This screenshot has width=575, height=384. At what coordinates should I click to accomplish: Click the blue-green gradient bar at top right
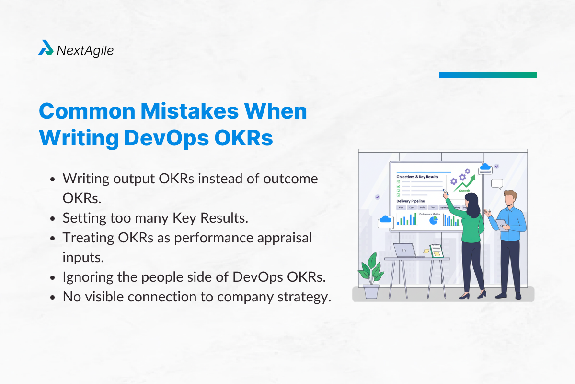pos(487,75)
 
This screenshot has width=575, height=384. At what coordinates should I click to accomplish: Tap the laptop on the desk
pos(404,250)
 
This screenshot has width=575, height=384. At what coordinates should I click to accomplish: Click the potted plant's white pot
pos(371,291)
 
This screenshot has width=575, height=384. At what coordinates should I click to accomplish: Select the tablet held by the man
pos(501,225)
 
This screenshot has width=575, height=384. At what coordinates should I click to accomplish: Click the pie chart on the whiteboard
pos(434,220)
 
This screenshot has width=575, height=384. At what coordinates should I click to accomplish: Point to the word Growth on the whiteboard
pos(464,191)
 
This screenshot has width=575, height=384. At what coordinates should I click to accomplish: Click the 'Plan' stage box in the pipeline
pos(402,208)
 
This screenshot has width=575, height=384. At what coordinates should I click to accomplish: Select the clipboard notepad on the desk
pos(436,251)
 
